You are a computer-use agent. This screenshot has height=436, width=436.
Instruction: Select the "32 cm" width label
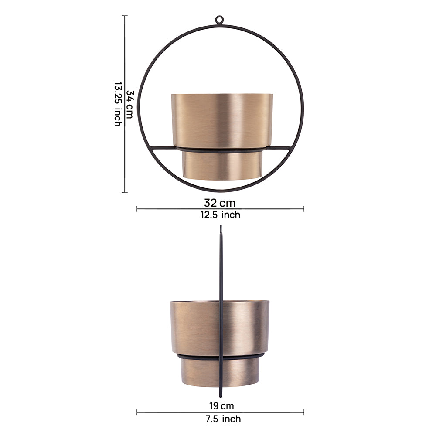coord(219,203)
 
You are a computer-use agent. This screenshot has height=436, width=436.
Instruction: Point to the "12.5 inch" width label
coord(219,215)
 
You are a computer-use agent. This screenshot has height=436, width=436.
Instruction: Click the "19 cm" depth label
coord(221,406)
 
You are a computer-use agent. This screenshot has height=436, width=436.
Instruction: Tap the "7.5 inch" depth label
coord(221,419)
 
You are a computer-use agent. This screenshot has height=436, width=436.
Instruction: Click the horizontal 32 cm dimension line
coord(174,209)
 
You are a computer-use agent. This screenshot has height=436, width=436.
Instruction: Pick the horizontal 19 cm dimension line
coord(174,412)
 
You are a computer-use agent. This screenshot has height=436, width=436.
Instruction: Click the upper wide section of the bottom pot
coord(196,327)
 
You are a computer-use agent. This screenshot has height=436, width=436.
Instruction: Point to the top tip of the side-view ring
coord(221,226)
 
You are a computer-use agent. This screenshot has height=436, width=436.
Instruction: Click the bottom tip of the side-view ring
coord(221,396)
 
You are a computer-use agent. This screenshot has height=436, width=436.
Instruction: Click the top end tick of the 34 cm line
coord(126,16)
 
